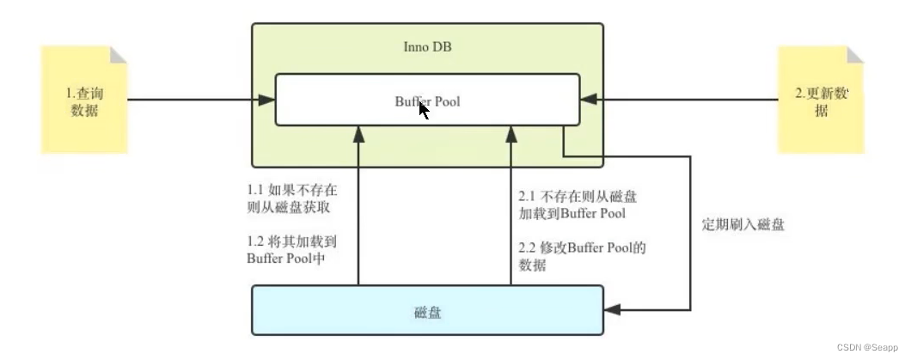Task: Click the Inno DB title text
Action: pos(427,46)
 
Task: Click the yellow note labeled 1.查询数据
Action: pos(84,101)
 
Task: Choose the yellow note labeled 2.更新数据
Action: pos(821,101)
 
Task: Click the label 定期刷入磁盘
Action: pos(743,225)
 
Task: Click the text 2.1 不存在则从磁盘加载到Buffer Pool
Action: pos(578,204)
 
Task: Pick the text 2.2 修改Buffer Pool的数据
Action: pos(582,256)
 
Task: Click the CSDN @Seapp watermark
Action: pos(868,348)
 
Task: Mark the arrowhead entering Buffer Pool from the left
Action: pos(267,100)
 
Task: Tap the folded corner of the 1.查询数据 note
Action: pos(119,54)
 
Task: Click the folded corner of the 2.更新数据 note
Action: pos(855,54)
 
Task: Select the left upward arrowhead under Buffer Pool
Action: pos(358,134)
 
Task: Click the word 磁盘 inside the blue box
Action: pos(427,312)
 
